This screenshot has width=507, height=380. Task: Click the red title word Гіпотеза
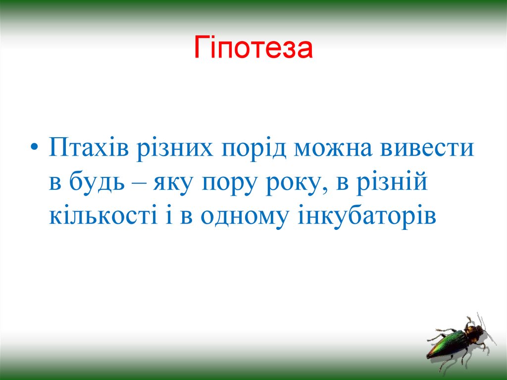point(253,48)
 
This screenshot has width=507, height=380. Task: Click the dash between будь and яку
point(141,184)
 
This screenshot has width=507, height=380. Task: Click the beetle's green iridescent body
point(448,342)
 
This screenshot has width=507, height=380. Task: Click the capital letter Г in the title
point(200,48)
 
